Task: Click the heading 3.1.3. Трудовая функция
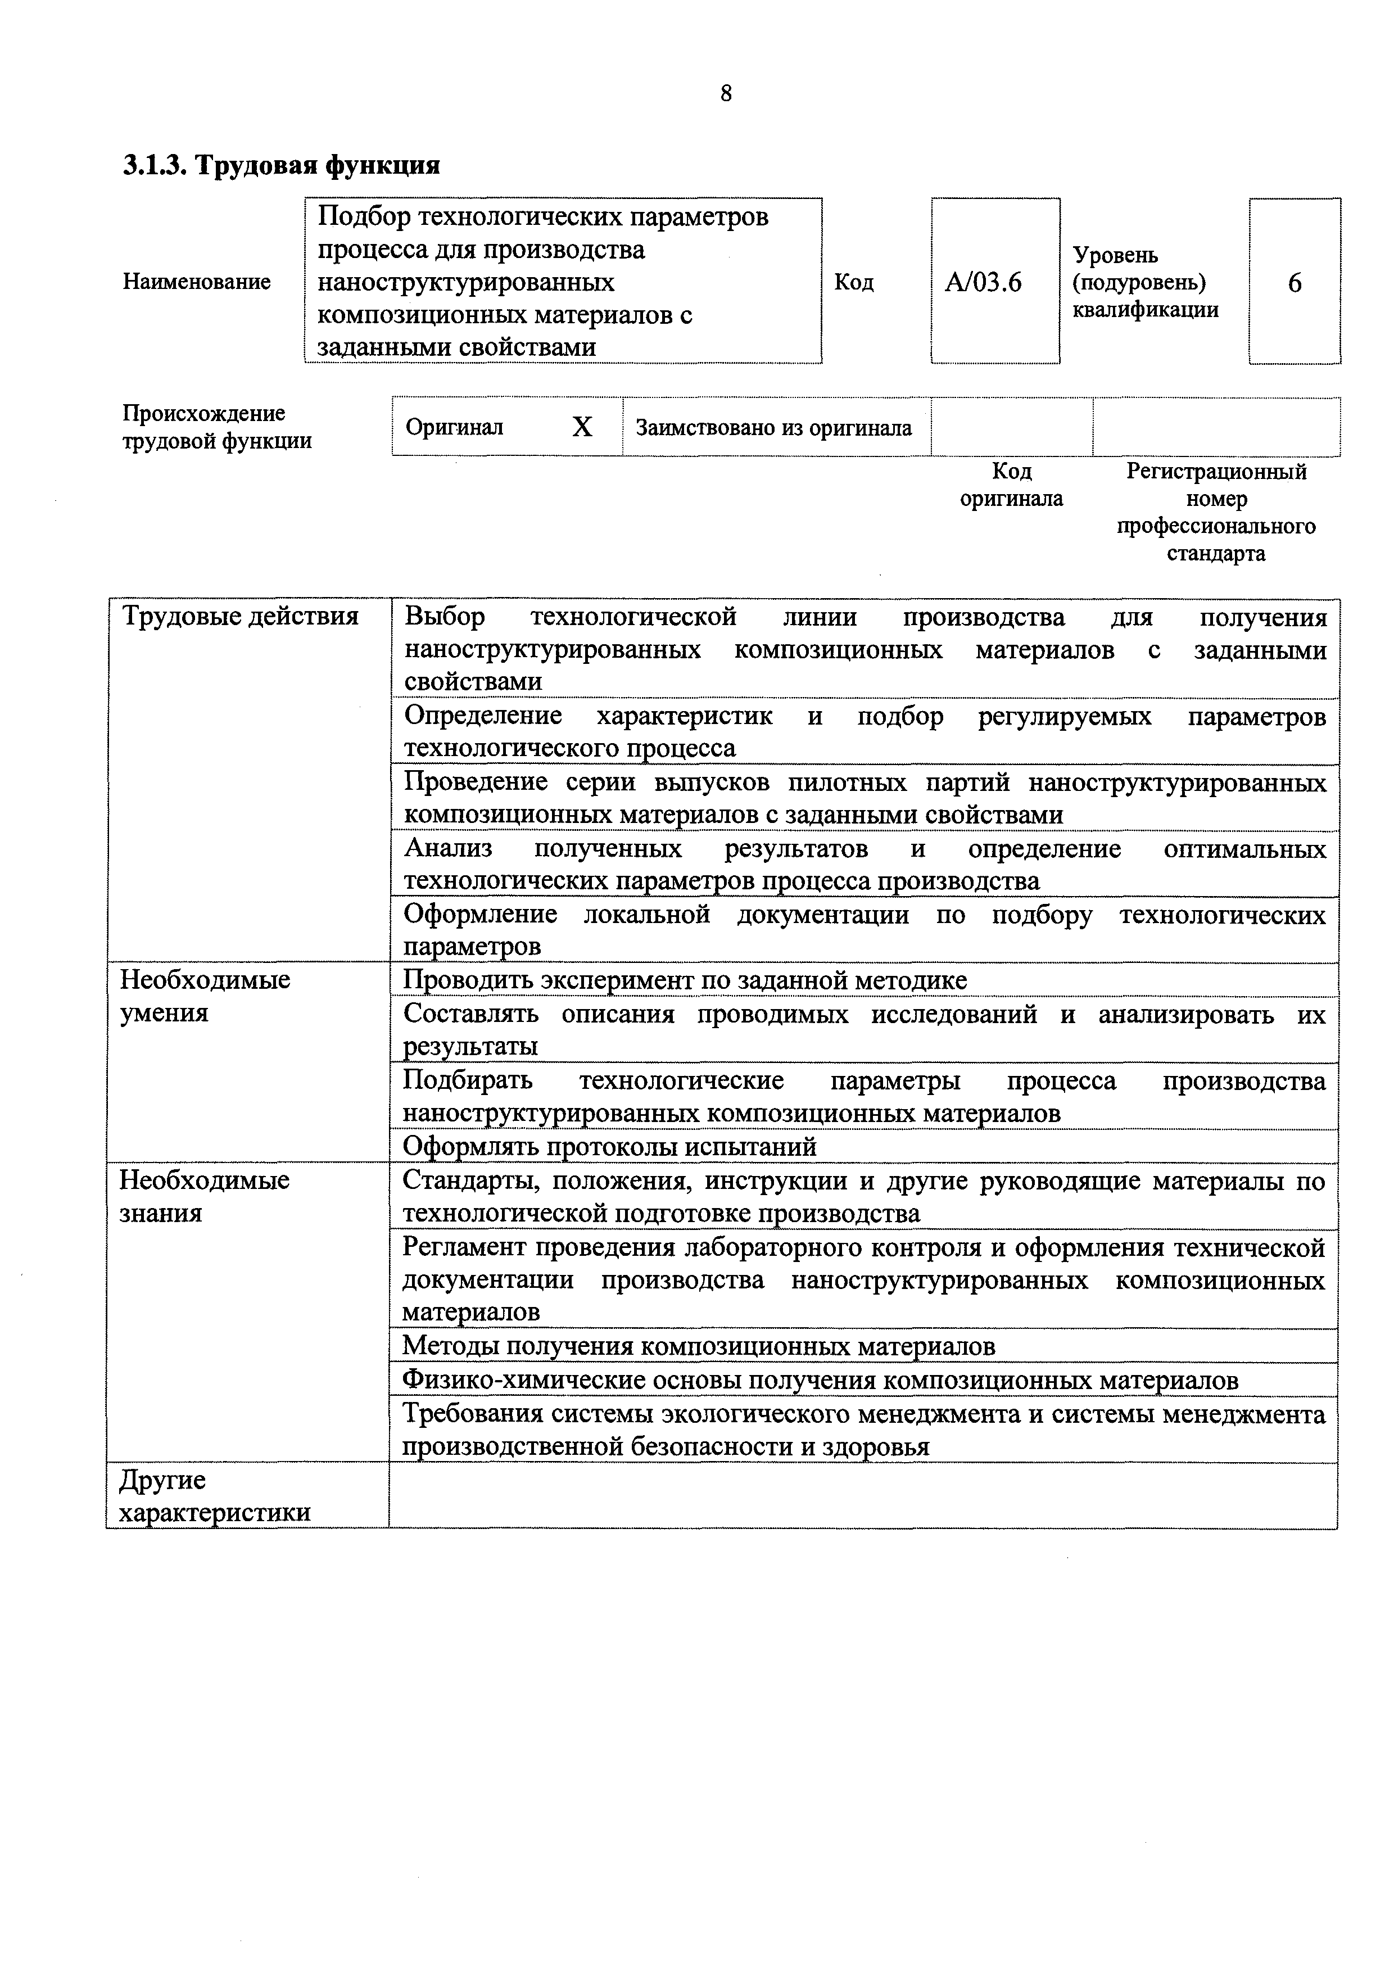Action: click(282, 165)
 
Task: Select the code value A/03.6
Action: click(984, 283)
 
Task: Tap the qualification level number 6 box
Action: click(1295, 283)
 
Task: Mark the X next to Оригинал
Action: click(582, 427)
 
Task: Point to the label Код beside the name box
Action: click(854, 283)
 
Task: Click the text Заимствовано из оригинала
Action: click(773, 428)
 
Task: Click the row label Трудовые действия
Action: click(241, 617)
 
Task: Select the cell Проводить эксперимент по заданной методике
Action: click(685, 980)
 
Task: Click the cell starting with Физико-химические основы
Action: click(820, 1380)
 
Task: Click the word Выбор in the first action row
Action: click(444, 617)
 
